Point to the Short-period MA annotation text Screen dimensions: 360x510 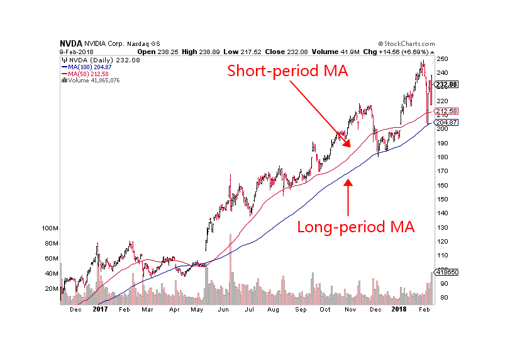[x=287, y=70]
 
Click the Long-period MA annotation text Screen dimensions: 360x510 [x=356, y=227]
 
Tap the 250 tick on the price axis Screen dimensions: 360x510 [x=443, y=59]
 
